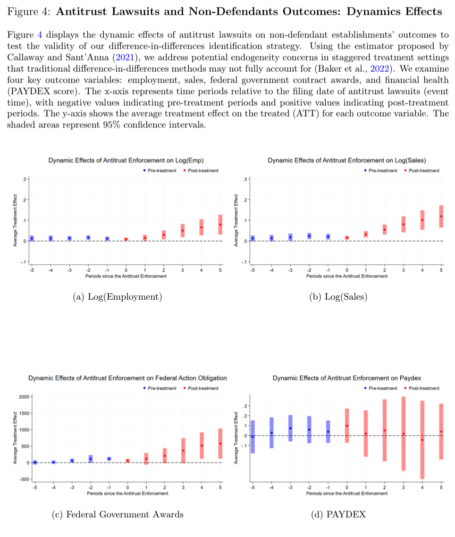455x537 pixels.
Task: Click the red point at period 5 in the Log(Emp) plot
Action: [220, 225]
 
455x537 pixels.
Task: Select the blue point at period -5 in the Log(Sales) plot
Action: [253, 238]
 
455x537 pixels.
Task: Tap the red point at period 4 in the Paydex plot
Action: [422, 440]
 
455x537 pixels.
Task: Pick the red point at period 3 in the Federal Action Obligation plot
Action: [183, 450]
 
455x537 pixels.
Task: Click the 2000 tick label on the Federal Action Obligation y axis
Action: [24, 397]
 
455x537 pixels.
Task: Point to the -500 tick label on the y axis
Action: [24, 479]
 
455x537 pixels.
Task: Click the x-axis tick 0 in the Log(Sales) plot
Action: [347, 270]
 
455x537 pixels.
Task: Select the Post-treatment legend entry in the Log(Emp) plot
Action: [201, 170]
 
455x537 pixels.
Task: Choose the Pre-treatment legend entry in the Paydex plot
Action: [380, 388]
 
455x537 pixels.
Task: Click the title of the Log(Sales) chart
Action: [347, 160]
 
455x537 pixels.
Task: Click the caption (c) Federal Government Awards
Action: [118, 514]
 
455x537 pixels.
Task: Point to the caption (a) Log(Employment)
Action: [117, 297]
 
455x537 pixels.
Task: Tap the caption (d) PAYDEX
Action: [338, 514]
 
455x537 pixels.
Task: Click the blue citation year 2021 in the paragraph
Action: [125, 57]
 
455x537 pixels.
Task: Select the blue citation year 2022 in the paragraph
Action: [379, 68]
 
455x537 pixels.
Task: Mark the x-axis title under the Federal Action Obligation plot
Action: [127, 494]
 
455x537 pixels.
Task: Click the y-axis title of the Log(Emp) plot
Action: [15, 220]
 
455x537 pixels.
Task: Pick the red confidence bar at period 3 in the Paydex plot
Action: [403, 434]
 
